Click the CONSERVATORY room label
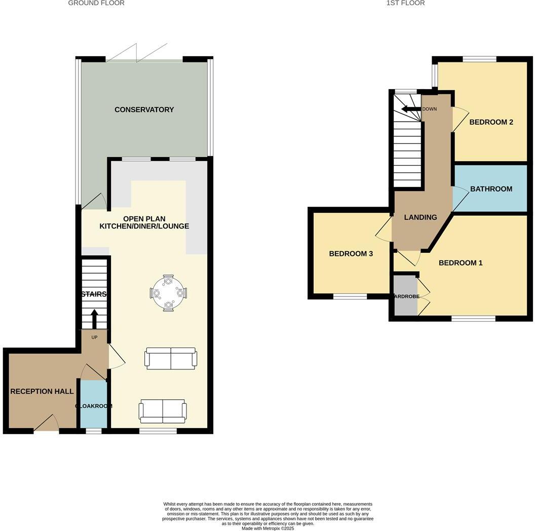click(x=144, y=109)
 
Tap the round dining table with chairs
click(x=168, y=293)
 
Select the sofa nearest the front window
click(x=163, y=411)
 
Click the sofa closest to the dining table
click(x=171, y=358)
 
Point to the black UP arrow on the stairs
click(x=94, y=319)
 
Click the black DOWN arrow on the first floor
click(x=411, y=109)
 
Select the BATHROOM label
click(x=491, y=189)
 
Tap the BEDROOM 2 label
click(x=491, y=122)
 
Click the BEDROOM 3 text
click(x=351, y=253)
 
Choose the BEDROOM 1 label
click(x=460, y=263)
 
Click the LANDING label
click(x=420, y=217)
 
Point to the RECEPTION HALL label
click(x=42, y=391)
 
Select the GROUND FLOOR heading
click(x=96, y=3)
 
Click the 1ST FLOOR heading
click(x=405, y=3)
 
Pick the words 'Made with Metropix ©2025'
click(x=267, y=528)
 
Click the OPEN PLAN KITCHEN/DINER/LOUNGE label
click(x=144, y=222)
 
